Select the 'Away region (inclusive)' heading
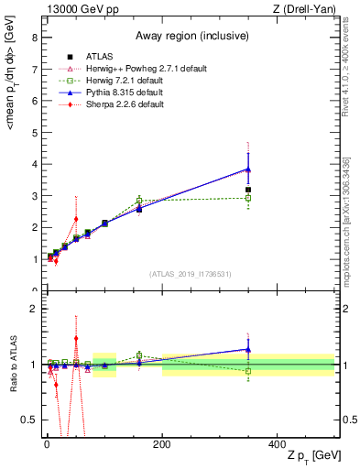pyautogui.click(x=188, y=37)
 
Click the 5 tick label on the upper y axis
pyautogui.click(x=36, y=133)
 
